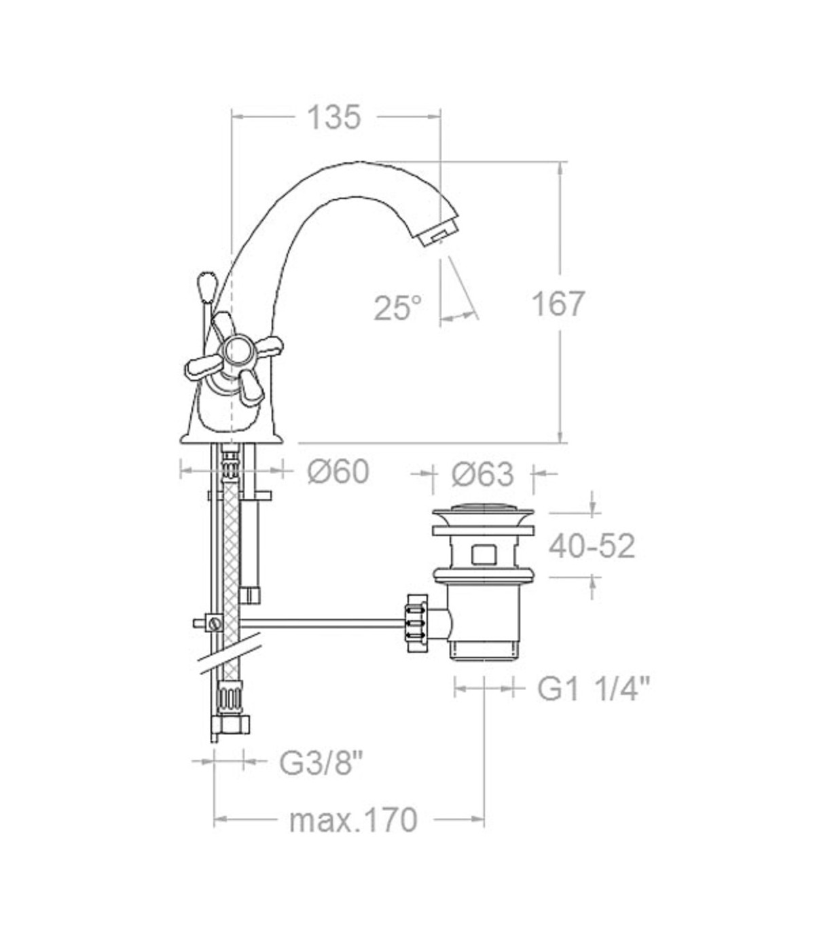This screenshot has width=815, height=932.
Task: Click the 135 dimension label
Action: coord(334,117)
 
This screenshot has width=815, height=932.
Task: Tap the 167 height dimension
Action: coord(558,304)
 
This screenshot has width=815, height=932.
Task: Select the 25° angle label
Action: coord(398,308)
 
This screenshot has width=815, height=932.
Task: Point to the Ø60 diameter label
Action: coord(338,471)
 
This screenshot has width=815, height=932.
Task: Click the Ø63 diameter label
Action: coord(483,474)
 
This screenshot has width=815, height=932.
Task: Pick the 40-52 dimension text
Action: coord(592,546)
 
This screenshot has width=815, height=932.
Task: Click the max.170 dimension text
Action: coord(353,820)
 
